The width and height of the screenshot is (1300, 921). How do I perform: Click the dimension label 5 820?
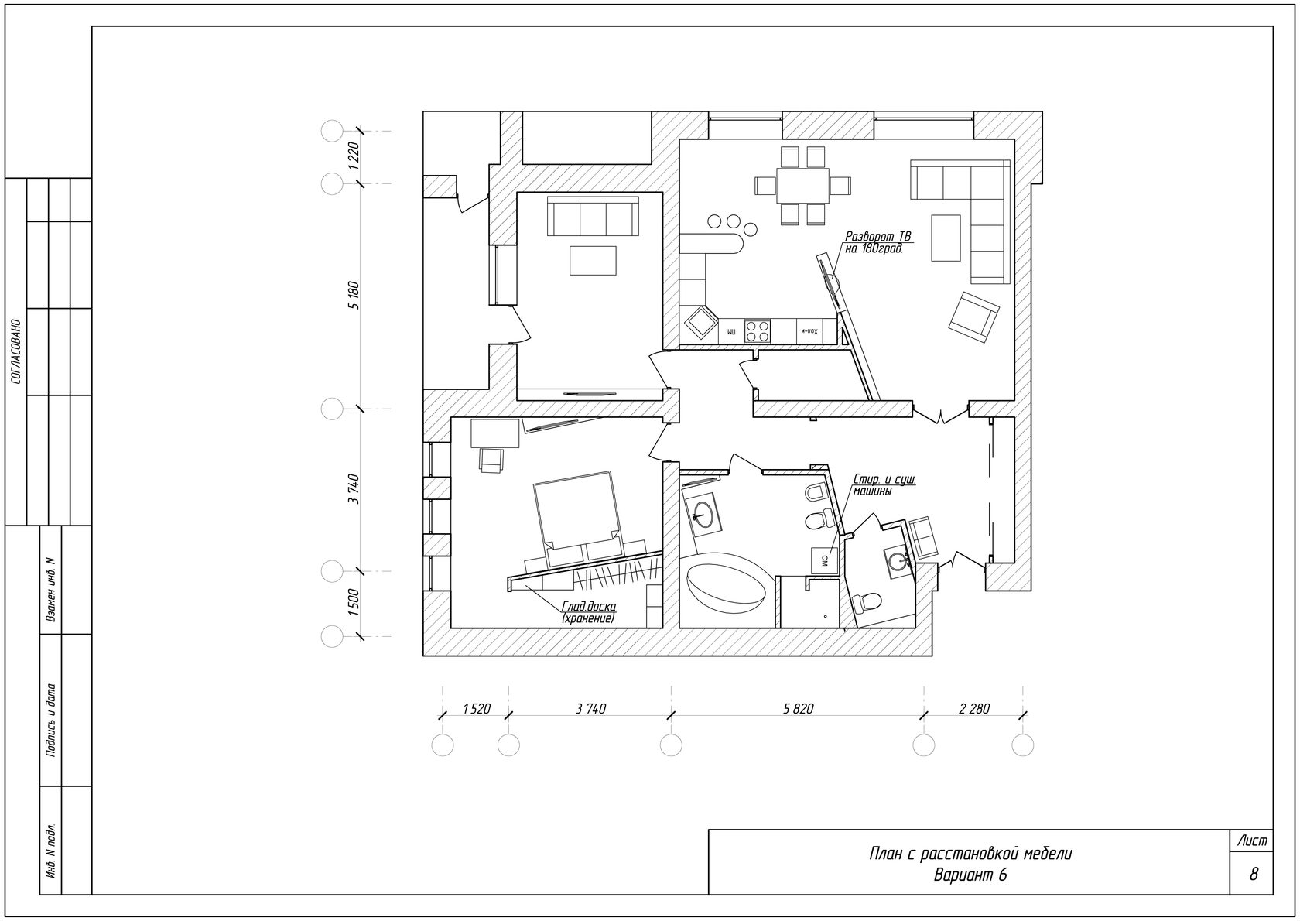click(x=799, y=709)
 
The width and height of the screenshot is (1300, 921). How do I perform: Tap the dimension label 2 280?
click(x=974, y=709)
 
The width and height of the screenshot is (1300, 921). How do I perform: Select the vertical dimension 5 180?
click(x=354, y=295)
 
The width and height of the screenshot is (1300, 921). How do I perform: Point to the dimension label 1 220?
click(x=354, y=156)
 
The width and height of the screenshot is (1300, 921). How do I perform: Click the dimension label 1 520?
click(x=477, y=709)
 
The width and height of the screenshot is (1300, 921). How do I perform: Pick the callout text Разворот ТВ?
click(x=878, y=236)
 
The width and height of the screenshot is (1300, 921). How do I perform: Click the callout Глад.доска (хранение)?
click(x=588, y=613)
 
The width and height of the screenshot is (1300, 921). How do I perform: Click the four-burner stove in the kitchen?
click(x=758, y=330)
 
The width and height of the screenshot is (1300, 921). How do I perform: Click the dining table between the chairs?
click(x=802, y=185)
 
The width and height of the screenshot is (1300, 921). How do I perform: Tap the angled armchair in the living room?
click(x=973, y=317)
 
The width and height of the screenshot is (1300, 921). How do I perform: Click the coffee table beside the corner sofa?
click(x=946, y=238)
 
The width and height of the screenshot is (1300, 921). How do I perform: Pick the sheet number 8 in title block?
click(x=1254, y=874)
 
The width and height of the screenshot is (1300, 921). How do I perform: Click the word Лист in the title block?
click(x=1252, y=841)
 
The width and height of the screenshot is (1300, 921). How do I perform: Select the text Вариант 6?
click(x=970, y=875)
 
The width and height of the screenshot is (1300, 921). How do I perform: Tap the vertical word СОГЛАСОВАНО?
click(x=16, y=351)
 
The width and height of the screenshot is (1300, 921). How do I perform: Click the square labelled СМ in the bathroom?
click(x=824, y=560)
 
